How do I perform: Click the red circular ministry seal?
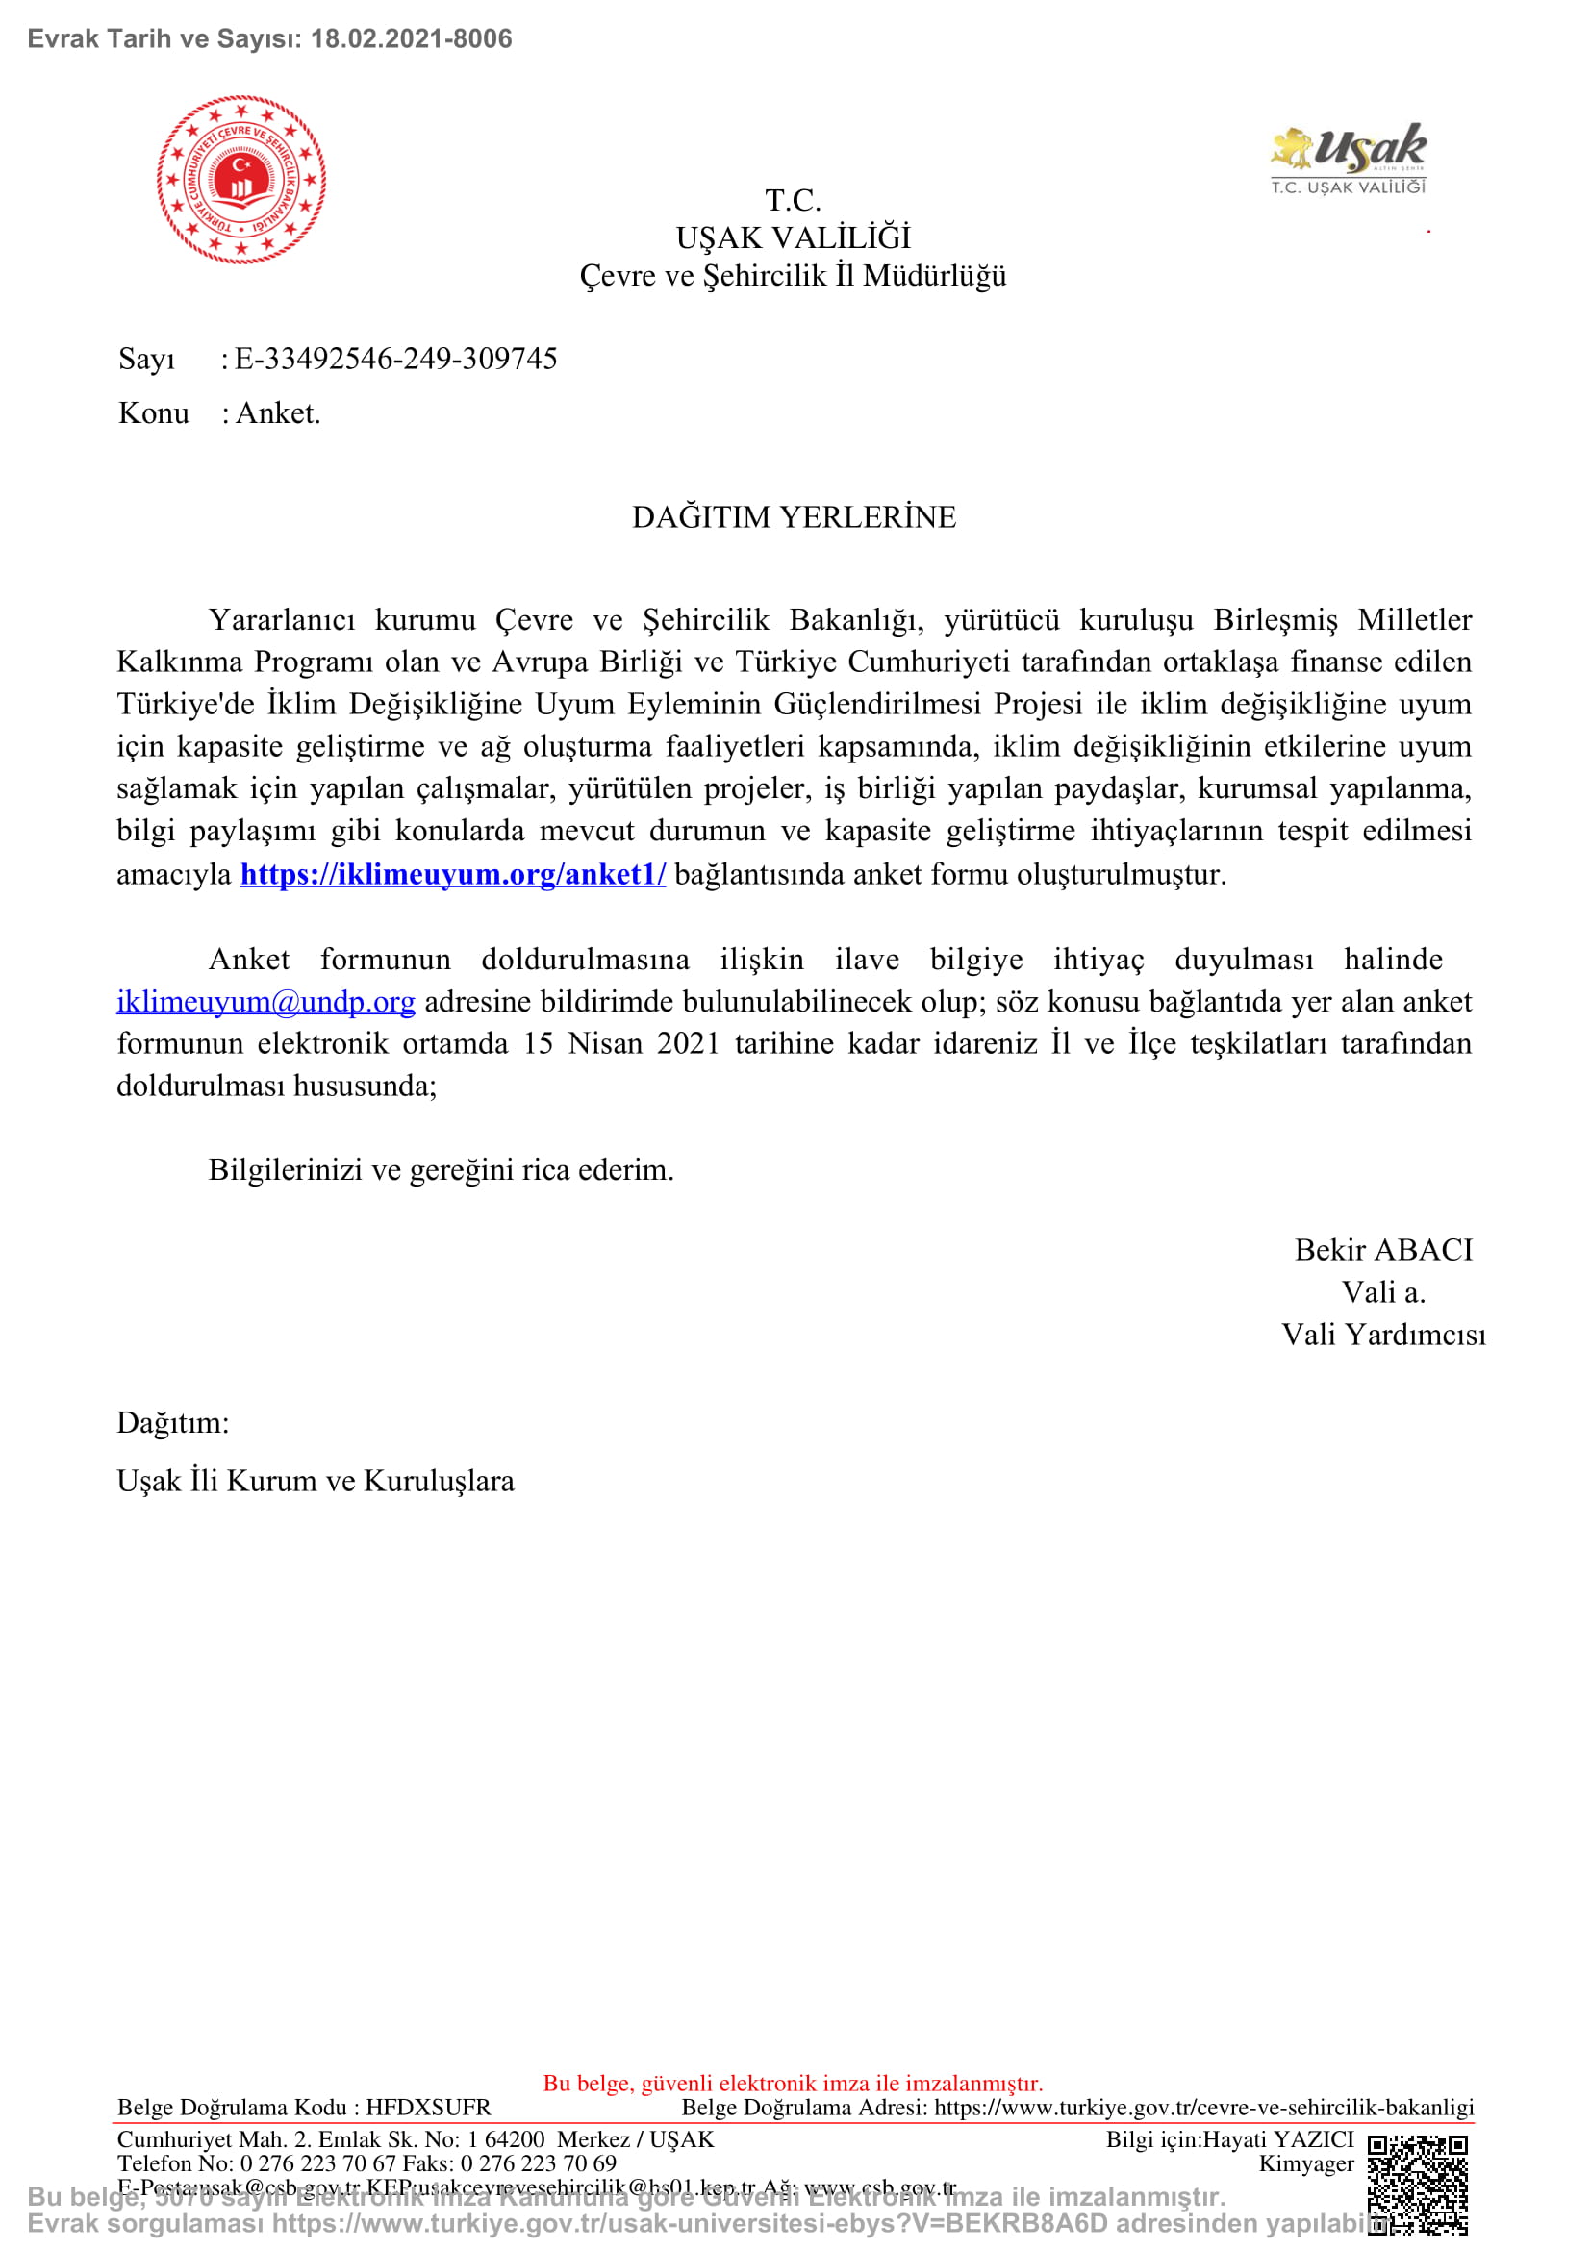click(241, 179)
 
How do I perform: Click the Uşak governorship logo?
click(1349, 158)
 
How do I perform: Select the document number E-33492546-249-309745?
click(395, 359)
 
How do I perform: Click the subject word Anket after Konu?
click(277, 413)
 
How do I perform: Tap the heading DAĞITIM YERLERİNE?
click(794, 517)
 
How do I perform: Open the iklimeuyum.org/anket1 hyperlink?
click(453, 874)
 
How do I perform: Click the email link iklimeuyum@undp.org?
click(265, 1001)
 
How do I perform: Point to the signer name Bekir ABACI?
click(1383, 1250)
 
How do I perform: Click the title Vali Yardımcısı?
click(1383, 1335)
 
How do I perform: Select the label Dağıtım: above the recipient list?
click(172, 1422)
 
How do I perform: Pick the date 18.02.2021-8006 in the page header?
click(412, 39)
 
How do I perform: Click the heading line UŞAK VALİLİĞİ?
click(794, 238)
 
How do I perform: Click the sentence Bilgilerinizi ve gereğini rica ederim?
click(441, 1169)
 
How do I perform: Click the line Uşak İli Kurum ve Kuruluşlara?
click(316, 1480)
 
